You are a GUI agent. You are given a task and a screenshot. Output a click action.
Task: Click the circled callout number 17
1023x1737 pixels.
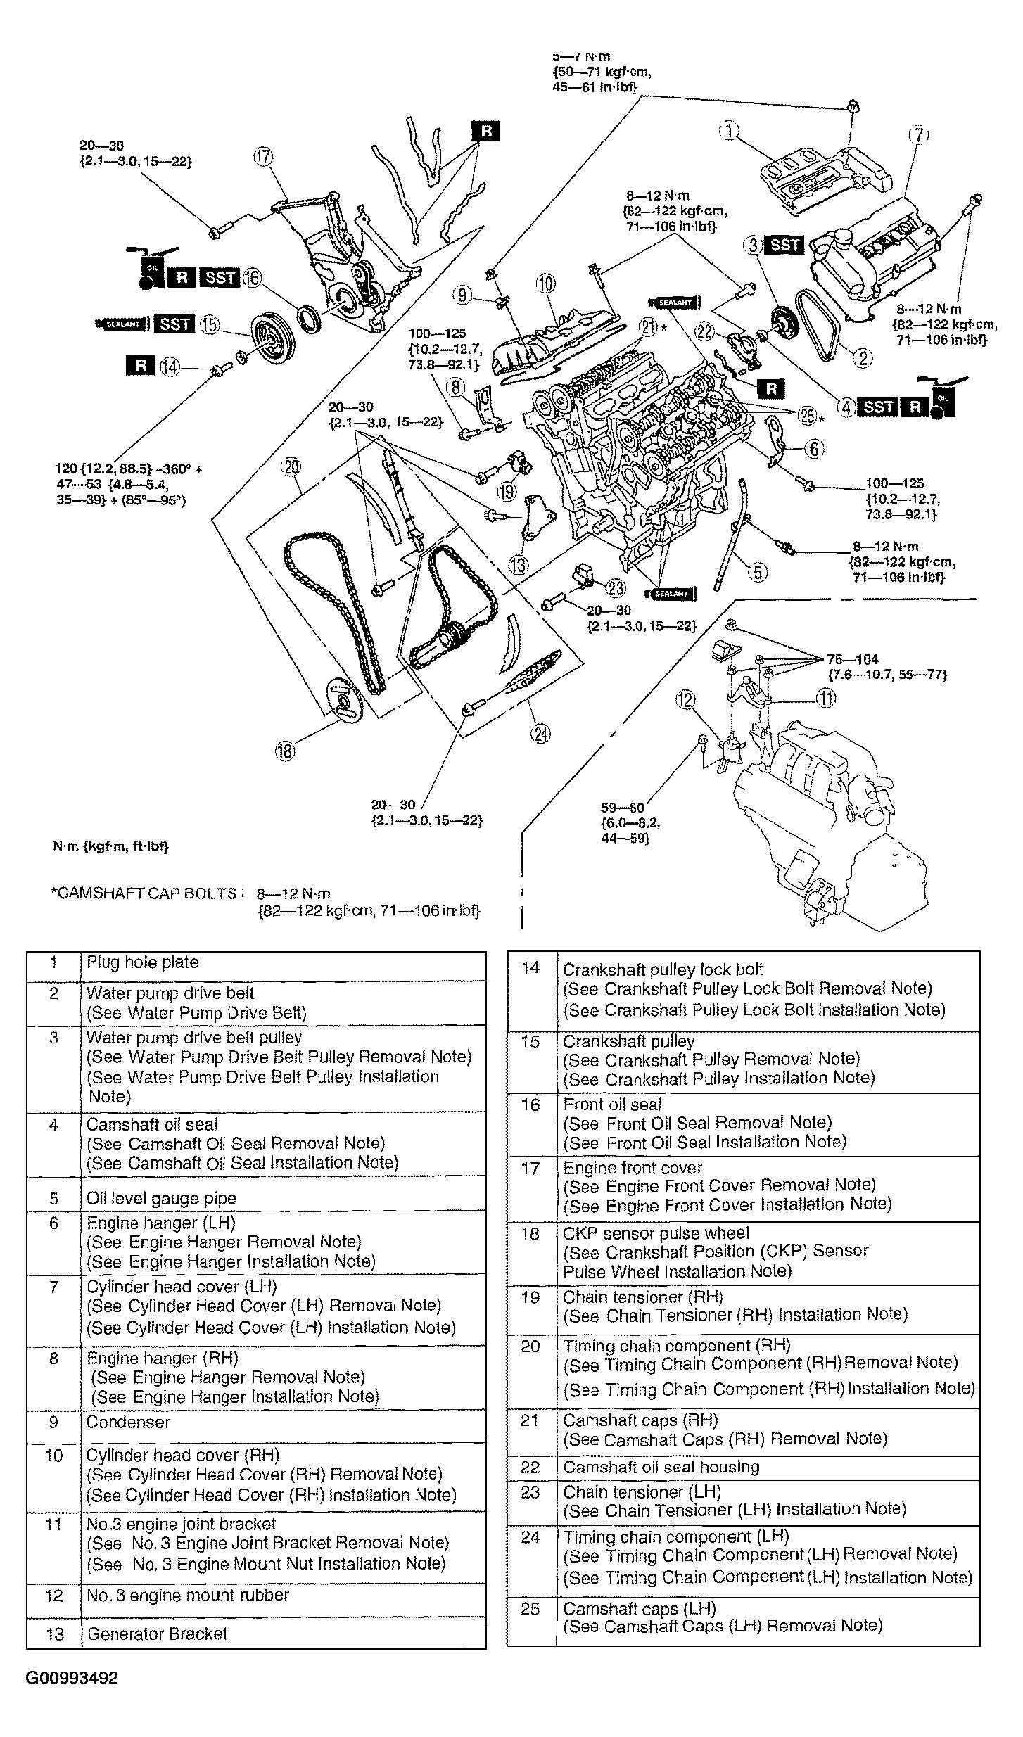264,158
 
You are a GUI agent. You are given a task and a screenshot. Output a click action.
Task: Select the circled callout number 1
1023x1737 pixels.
730,131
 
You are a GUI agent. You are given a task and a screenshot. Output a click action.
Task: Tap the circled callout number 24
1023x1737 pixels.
540,734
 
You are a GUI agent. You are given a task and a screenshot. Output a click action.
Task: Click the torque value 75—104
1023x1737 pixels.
852,659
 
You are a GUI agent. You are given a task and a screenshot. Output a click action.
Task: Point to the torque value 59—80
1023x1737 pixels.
623,808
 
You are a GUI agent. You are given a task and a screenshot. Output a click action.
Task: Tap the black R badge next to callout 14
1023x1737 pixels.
141,364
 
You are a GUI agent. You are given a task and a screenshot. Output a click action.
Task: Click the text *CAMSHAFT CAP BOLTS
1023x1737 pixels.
144,893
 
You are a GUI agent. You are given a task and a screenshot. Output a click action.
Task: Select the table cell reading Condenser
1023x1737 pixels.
128,1422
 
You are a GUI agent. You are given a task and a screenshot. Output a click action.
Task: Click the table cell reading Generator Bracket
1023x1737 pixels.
157,1634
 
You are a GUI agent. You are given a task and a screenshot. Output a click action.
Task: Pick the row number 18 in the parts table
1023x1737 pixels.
530,1234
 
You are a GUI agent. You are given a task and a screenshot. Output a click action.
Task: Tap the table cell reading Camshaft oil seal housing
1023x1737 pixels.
661,1467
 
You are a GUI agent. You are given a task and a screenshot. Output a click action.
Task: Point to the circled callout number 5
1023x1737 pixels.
757,572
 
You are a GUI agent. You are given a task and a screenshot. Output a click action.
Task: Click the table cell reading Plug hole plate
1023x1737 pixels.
142,962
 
